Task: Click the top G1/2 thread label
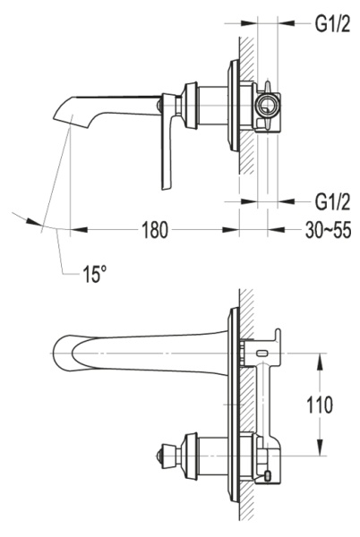click(331, 24)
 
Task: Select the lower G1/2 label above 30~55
click(331, 199)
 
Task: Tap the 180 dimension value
click(154, 230)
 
